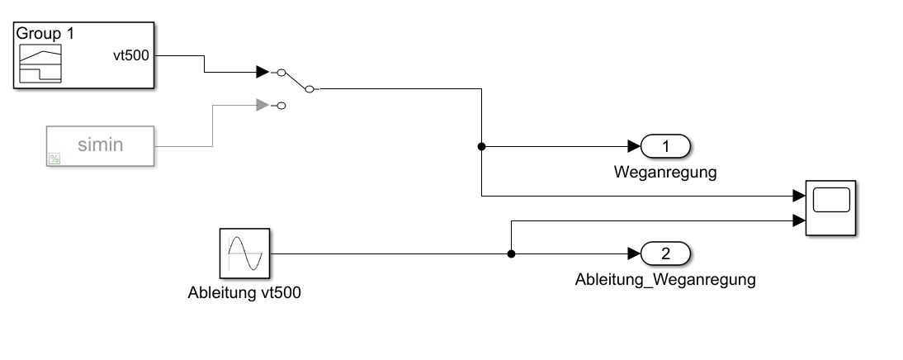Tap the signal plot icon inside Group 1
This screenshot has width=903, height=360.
point(41,64)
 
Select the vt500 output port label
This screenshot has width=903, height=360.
point(131,55)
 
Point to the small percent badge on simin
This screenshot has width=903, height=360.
point(54,159)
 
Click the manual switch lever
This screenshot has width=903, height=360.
point(296,81)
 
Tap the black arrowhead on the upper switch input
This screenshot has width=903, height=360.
point(262,73)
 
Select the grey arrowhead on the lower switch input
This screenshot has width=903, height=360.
point(262,105)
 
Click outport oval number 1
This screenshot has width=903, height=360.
point(666,147)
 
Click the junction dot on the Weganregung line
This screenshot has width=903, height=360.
point(481,147)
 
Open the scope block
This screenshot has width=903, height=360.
point(831,207)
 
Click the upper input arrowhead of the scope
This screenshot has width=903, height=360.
point(798,197)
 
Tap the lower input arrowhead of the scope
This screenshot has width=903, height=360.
point(798,220)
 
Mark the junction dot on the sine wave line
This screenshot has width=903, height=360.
point(512,253)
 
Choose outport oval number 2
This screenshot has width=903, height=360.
point(666,253)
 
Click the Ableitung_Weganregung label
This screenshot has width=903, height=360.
point(665,279)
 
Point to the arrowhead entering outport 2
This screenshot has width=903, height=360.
point(634,253)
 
